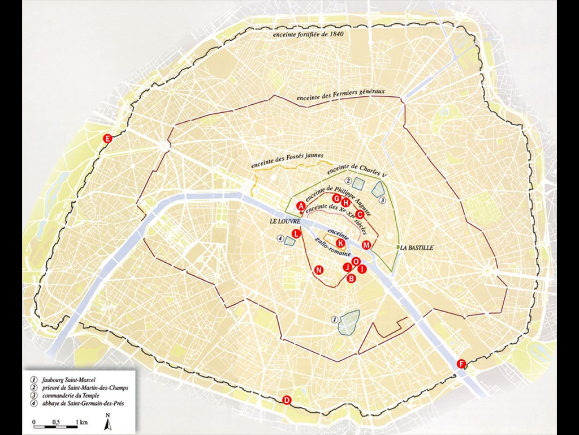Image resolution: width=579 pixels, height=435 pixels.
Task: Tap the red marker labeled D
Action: pos(287,400)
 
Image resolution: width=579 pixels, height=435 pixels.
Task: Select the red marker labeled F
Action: pos(461,364)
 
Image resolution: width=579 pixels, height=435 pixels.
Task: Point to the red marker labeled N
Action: pos(319,270)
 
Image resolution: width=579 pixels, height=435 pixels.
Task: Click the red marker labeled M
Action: pos(366,245)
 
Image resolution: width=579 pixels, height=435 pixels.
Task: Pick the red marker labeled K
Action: pos(340,243)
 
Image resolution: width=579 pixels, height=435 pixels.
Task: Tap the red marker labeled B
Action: pos(351,278)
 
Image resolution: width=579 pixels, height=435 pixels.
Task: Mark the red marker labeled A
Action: pos(301,207)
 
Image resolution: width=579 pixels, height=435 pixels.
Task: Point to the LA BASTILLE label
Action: pos(417,248)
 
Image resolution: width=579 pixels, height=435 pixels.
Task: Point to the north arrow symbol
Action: pos(107,420)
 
